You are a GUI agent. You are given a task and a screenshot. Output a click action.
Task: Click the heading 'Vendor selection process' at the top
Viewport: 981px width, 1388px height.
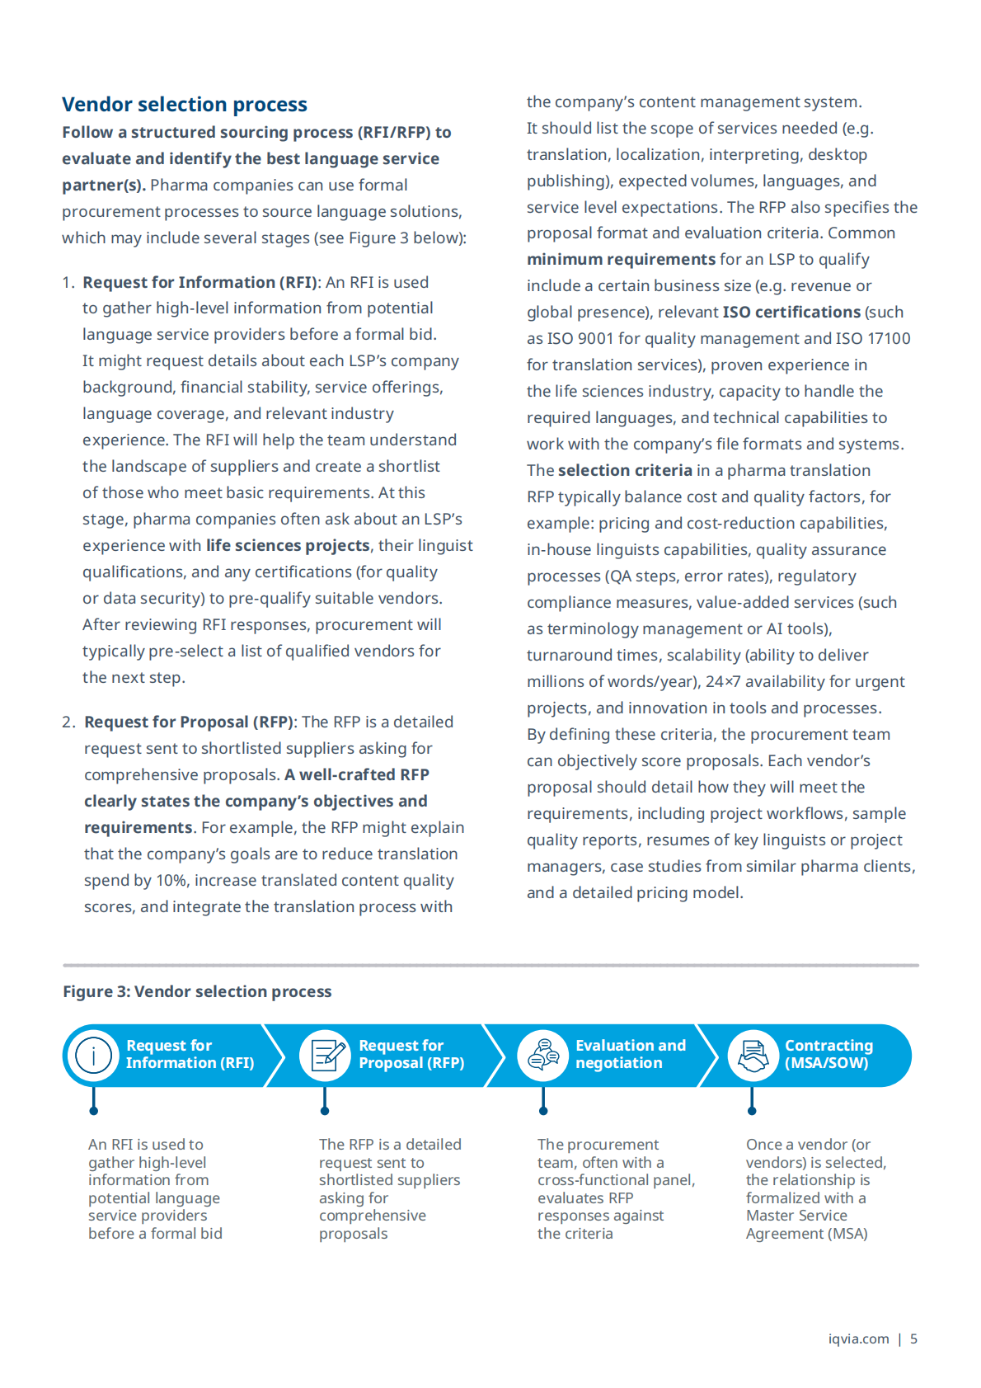[x=185, y=105]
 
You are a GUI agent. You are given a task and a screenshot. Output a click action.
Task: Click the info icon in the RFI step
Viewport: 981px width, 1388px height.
[x=93, y=1055]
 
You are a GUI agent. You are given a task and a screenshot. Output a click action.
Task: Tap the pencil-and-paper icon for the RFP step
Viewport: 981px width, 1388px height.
[x=326, y=1055]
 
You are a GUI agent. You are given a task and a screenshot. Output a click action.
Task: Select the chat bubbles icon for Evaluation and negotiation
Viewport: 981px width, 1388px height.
[x=543, y=1055]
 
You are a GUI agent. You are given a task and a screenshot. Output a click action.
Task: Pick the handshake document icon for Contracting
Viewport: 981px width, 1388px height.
[x=753, y=1055]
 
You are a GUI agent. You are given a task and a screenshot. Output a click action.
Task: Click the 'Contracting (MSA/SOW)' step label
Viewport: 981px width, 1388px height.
[x=828, y=1054]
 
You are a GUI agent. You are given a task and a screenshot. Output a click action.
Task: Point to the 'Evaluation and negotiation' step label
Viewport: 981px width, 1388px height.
[x=630, y=1054]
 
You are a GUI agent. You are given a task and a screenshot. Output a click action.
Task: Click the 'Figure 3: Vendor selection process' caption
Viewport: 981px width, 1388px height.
[x=197, y=991]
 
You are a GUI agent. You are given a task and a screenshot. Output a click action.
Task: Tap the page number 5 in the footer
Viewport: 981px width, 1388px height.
[x=913, y=1339]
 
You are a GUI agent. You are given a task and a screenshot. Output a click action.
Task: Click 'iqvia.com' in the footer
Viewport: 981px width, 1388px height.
[x=858, y=1339]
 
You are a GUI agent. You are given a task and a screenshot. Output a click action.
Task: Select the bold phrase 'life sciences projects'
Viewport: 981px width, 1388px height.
[x=288, y=545]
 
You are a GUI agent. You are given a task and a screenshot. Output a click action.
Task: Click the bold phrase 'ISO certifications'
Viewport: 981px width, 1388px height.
[x=791, y=312]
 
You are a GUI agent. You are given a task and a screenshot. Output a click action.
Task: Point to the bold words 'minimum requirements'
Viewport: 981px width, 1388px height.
[x=621, y=259]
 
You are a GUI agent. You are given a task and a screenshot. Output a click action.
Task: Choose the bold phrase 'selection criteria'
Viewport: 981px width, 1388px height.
[x=625, y=470]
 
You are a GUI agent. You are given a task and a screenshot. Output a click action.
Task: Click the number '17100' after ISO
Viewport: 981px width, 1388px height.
[x=889, y=338]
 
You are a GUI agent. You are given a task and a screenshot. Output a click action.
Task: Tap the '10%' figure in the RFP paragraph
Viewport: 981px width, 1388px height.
[x=171, y=880]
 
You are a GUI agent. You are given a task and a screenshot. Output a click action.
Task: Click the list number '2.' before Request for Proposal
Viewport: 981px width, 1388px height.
[x=69, y=722]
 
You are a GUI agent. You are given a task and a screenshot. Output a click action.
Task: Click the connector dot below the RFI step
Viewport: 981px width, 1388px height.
[x=93, y=1111]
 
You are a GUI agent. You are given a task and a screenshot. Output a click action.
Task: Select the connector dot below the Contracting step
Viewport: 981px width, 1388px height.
[x=752, y=1111]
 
